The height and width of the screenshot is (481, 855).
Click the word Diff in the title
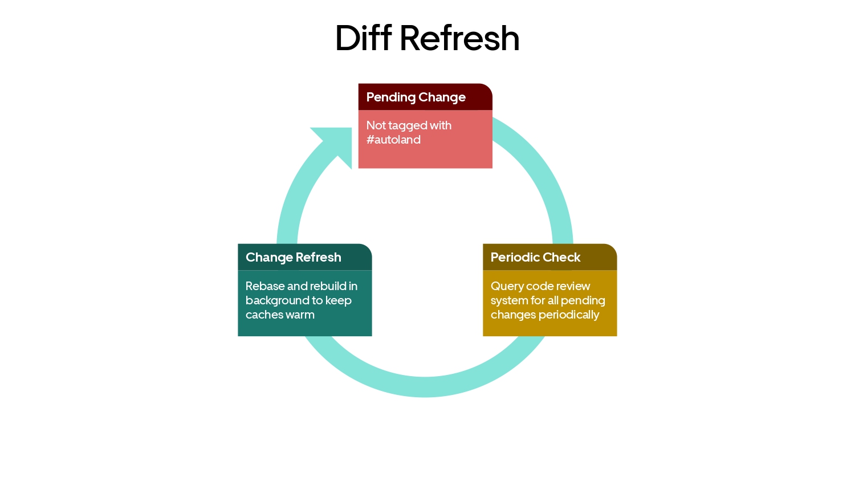364,38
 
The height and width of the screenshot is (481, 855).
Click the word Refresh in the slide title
460,38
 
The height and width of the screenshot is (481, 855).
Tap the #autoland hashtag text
393,140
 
